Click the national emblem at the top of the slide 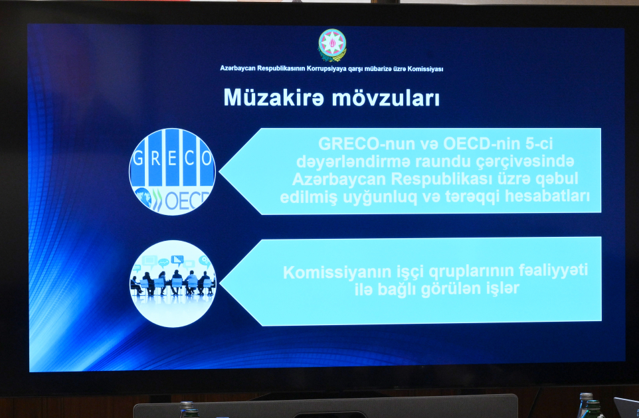pos(332,45)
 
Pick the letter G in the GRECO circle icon pos(138,159)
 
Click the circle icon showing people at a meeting pos(172,283)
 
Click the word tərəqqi pos(467,197)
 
